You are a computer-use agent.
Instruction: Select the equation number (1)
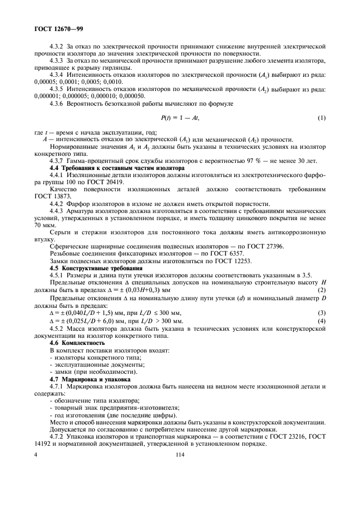point(321,117)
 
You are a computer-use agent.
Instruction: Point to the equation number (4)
point(321,321)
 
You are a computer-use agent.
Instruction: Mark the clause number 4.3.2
point(57,47)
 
